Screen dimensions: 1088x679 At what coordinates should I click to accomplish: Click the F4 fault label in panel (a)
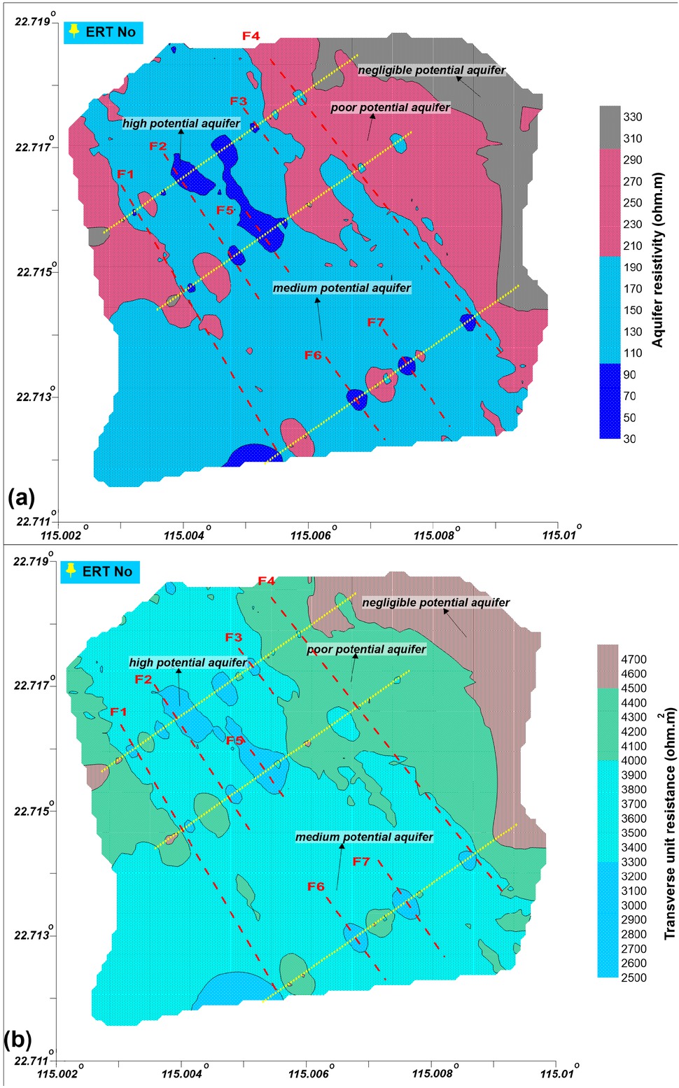pyautogui.click(x=251, y=36)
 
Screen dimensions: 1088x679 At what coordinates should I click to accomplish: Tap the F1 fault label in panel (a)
pyautogui.click(x=125, y=174)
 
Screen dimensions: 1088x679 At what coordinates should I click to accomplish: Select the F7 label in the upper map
pyautogui.click(x=376, y=323)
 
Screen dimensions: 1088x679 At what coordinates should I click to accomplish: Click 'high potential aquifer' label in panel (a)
pyautogui.click(x=181, y=124)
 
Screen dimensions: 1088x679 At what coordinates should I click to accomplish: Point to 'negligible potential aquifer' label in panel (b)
pyautogui.click(x=435, y=602)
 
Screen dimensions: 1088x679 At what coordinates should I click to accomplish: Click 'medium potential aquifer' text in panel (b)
pyautogui.click(x=364, y=837)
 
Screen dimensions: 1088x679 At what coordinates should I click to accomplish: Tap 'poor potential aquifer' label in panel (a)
pyautogui.click(x=390, y=108)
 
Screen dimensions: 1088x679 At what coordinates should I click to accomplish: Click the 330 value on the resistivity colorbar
pyautogui.click(x=632, y=117)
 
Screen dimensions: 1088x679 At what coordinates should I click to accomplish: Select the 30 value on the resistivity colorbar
pyautogui.click(x=629, y=439)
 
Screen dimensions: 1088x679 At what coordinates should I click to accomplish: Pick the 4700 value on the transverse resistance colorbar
pyautogui.click(x=633, y=659)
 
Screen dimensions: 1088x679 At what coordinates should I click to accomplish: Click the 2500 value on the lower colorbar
pyautogui.click(x=633, y=977)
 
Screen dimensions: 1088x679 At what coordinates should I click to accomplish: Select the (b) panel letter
pyautogui.click(x=18, y=1040)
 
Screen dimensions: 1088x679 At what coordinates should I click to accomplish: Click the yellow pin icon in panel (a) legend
pyautogui.click(x=73, y=31)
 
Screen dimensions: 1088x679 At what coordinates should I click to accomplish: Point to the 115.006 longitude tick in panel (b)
pyautogui.click(x=307, y=1074)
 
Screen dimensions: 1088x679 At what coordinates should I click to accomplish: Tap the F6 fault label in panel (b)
pyautogui.click(x=316, y=886)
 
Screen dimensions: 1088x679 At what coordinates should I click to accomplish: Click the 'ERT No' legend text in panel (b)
pyautogui.click(x=107, y=572)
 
